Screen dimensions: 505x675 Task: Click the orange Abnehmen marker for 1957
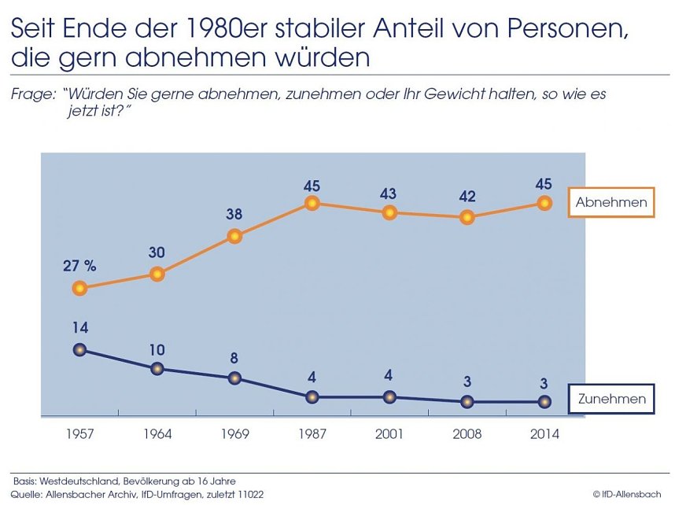(x=79, y=289)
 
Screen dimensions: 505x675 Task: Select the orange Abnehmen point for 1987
(x=312, y=203)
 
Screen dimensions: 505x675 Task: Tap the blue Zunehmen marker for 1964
(x=157, y=368)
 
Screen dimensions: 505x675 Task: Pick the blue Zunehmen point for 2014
(x=544, y=402)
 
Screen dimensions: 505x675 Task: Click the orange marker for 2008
(x=467, y=218)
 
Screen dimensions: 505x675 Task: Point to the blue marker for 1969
(x=234, y=378)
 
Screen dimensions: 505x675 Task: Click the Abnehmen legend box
(x=610, y=202)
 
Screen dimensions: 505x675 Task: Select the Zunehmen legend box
(x=611, y=399)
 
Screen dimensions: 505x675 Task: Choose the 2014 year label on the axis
(x=544, y=435)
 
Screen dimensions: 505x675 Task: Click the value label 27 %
(x=79, y=266)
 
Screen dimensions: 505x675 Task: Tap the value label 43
(x=389, y=193)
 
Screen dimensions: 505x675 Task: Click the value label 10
(x=157, y=348)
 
